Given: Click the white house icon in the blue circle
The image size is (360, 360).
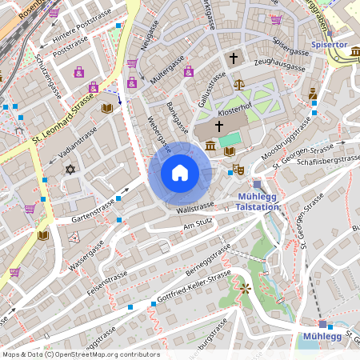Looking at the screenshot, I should (180, 173).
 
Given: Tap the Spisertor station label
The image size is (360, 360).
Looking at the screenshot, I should (330, 45).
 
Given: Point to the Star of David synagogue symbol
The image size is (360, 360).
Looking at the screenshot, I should (70, 170).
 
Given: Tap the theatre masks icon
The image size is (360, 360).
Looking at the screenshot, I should (237, 170).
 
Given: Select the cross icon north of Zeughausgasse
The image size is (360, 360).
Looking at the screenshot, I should (234, 58).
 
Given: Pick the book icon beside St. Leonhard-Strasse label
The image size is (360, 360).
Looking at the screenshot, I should (107, 108).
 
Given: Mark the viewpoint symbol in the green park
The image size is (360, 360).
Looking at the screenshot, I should (245, 288).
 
